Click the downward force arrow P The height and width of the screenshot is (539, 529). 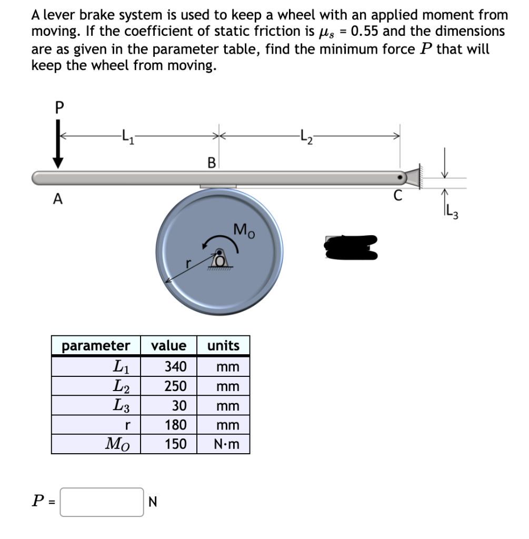[58, 149]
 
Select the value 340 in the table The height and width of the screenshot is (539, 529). [176, 366]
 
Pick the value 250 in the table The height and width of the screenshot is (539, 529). [176, 386]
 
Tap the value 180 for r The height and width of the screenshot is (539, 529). [176, 425]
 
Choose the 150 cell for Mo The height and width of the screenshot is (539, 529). [176, 444]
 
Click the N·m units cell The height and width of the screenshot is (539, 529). [227, 444]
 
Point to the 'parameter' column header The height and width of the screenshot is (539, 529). [96, 346]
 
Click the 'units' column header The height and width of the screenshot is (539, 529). [223, 346]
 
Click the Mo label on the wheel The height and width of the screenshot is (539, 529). [244, 230]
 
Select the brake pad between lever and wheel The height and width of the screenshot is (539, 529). [218, 186]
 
